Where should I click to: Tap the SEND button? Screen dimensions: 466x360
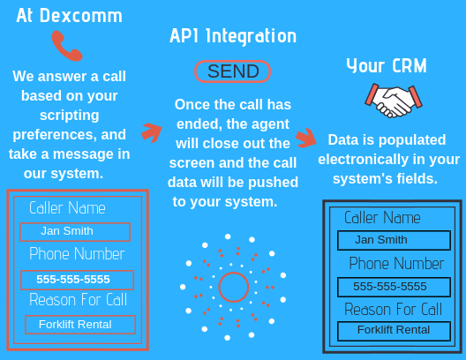pos(232,71)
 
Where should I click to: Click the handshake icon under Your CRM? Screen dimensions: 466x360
pos(394,101)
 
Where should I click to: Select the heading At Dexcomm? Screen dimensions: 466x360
pos(69,16)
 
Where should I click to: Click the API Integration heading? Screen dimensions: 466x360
pos(233,36)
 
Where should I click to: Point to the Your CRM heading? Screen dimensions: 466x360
pos(387,65)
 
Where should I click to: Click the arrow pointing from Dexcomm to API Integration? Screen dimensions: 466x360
pos(152,132)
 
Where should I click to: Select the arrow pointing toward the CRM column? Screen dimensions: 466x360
pos(306,139)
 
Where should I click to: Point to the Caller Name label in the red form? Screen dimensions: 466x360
pos(67,208)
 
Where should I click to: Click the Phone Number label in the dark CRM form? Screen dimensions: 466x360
pos(396,264)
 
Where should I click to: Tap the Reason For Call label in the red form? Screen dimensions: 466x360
pos(79,299)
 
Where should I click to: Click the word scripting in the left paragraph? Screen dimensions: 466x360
pos(69,116)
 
